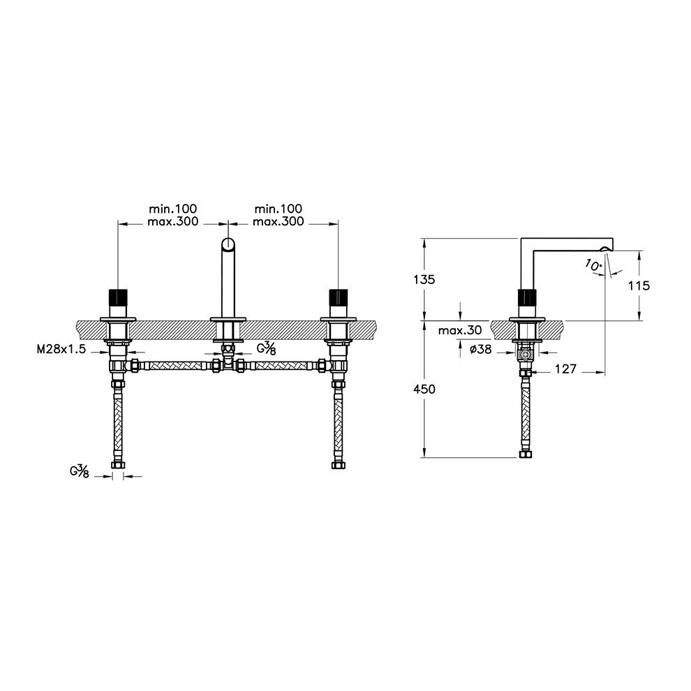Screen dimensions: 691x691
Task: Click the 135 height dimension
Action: tap(424, 279)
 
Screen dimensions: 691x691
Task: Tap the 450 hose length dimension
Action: tap(424, 389)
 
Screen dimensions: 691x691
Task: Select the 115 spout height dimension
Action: tap(639, 286)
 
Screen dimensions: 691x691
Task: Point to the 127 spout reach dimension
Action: tap(565, 369)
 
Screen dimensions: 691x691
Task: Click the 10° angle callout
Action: tap(593, 265)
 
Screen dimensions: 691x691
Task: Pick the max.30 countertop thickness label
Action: tap(460, 330)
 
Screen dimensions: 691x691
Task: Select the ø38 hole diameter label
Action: tap(481, 350)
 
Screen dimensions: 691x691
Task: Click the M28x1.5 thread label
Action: tap(61, 350)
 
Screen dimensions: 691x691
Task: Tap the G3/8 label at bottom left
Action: tap(80, 471)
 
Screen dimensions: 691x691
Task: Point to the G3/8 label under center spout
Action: tap(266, 348)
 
